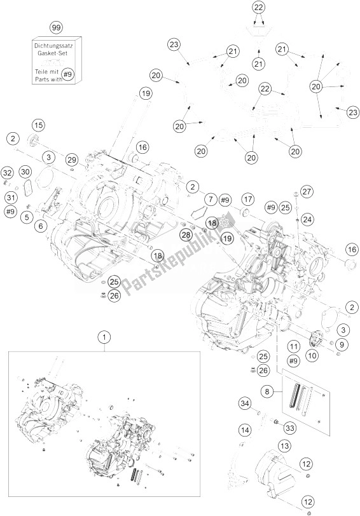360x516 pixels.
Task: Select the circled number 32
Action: [x=7, y=172]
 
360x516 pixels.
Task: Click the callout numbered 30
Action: [x=25, y=172]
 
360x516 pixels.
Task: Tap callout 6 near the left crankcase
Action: [x=41, y=225]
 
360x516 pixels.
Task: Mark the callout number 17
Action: [x=247, y=198]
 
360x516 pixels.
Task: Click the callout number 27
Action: [x=307, y=192]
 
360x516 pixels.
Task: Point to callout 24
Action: [x=307, y=219]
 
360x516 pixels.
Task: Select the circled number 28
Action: [x=185, y=235]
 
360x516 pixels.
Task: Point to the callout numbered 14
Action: [x=244, y=431]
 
